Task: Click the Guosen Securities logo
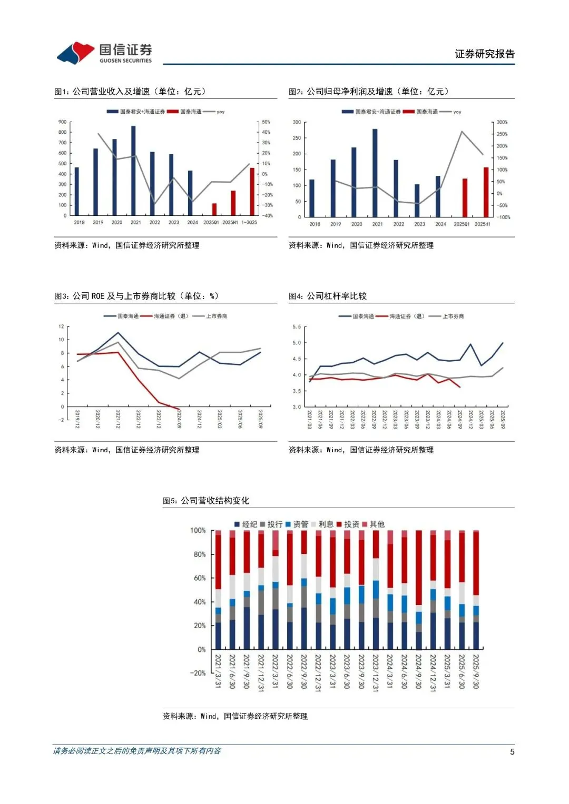pyautogui.click(x=104, y=53)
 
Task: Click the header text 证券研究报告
pyautogui.click(x=485, y=54)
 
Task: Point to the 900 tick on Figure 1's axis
pyautogui.click(x=63, y=122)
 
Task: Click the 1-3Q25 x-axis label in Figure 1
pyautogui.click(x=249, y=222)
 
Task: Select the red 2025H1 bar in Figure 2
pyautogui.click(x=486, y=192)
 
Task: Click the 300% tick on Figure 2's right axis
pyautogui.click(x=502, y=122)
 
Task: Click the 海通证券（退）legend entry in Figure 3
pyautogui.click(x=165, y=316)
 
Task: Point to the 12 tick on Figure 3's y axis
pyautogui.click(x=61, y=327)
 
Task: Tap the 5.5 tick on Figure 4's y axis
pyautogui.click(x=297, y=327)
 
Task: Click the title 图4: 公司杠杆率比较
pyautogui.click(x=328, y=296)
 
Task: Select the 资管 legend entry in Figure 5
pyautogui.click(x=297, y=524)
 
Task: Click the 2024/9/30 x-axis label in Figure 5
pyautogui.click(x=418, y=671)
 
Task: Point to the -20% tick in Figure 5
pyautogui.click(x=198, y=673)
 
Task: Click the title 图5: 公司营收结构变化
pyautogui.click(x=206, y=500)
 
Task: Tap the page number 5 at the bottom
pyautogui.click(x=512, y=752)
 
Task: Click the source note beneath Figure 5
pyautogui.click(x=235, y=716)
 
